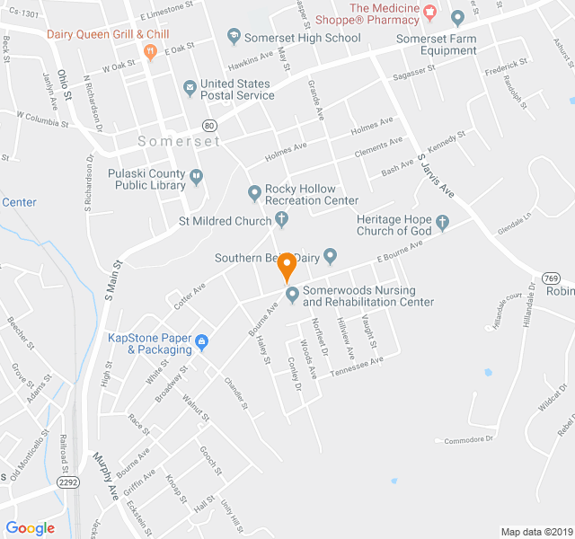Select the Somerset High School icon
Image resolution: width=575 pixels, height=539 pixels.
(x=234, y=38)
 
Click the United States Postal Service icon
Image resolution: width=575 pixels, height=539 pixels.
(x=190, y=88)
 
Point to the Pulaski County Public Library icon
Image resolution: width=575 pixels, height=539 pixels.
(x=197, y=179)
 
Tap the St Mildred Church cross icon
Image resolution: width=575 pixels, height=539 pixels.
(x=281, y=220)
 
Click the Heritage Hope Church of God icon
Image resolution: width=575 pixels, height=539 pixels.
(x=441, y=221)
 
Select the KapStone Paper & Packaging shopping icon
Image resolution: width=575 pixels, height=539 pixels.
(x=201, y=342)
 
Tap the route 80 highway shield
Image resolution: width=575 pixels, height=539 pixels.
(x=209, y=125)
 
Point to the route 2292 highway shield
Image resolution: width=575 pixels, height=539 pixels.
(x=67, y=482)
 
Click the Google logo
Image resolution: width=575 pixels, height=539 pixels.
(x=31, y=528)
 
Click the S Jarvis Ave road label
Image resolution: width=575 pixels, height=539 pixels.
(x=435, y=175)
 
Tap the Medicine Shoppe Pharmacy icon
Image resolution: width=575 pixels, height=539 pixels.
(x=429, y=11)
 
